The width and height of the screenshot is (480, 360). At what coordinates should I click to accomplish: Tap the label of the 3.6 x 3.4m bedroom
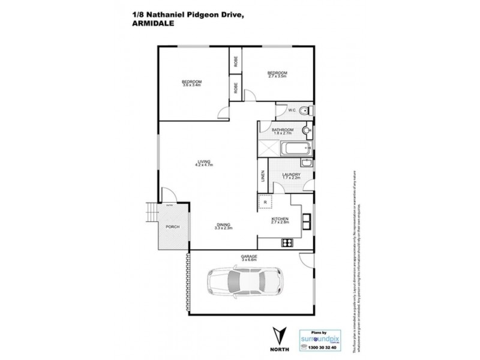coord(191,83)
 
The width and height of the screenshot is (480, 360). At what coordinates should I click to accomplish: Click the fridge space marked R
coord(265,202)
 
